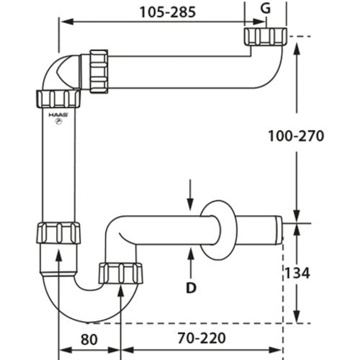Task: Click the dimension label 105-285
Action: click(168, 12)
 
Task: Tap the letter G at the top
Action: click(266, 8)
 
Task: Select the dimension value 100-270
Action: click(296, 136)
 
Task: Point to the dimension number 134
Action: click(297, 273)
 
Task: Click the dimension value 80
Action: click(89, 339)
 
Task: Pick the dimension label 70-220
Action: click(202, 338)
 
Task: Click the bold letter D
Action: click(191, 288)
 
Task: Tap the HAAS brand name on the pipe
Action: click(58, 115)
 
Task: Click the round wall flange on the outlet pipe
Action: click(218, 230)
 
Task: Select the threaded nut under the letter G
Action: click(266, 37)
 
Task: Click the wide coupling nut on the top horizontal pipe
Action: click(99, 71)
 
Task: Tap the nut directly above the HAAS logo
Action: click(58, 99)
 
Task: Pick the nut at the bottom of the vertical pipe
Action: click(58, 233)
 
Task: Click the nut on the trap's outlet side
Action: click(121, 274)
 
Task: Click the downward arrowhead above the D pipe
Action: click(190, 204)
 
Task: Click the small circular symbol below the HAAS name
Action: click(58, 122)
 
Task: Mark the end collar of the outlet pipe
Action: click(279, 230)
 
